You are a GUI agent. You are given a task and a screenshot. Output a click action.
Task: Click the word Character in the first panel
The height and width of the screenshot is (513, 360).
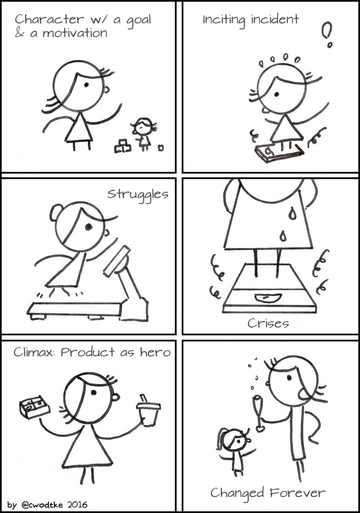(49, 20)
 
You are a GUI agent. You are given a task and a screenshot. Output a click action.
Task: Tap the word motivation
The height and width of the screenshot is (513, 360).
(75, 33)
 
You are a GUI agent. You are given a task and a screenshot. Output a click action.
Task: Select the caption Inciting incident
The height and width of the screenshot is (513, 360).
(250, 20)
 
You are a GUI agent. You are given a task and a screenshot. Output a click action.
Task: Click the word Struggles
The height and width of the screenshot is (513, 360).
(138, 195)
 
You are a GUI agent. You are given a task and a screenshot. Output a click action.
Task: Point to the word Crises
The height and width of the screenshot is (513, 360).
(268, 323)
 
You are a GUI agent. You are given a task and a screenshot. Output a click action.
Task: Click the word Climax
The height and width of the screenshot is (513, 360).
(34, 352)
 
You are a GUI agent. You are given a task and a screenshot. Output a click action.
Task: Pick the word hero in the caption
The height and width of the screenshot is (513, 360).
(155, 352)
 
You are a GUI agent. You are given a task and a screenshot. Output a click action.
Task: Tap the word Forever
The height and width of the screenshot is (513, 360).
(297, 492)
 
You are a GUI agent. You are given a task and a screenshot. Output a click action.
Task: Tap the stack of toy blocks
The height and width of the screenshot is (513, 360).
(123, 146)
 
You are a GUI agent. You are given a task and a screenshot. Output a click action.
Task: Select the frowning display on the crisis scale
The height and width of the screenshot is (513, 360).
(268, 298)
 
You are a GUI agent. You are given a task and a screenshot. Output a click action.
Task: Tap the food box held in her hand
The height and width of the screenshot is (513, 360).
(35, 406)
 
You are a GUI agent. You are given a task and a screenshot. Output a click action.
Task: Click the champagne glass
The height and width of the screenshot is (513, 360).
(259, 414)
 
